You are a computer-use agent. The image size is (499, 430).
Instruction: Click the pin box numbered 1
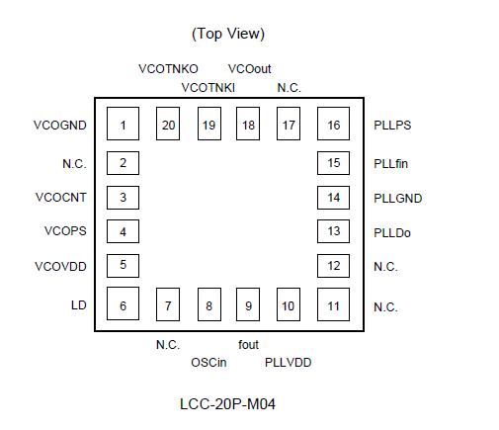[123, 125]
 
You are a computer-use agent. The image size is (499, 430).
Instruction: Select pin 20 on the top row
[168, 125]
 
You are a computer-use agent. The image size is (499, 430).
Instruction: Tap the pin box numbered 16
[334, 125]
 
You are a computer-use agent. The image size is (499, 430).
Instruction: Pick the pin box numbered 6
[123, 305]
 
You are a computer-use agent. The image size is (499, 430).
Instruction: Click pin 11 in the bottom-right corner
[334, 305]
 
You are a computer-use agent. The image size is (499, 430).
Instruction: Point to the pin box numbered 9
[248, 305]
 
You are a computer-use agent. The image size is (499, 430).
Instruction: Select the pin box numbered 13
[334, 231]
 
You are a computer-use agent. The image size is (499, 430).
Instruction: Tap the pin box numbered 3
[123, 197]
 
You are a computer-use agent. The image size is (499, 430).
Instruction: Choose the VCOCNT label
[61, 197]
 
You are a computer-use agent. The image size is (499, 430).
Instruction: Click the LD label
[78, 306]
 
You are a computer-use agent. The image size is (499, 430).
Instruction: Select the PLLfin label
[391, 163]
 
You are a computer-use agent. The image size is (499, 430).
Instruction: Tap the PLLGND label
[397, 198]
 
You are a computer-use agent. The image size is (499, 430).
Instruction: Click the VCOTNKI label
[208, 88]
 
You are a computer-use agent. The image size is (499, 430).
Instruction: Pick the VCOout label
[249, 69]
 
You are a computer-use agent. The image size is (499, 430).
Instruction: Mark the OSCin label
[208, 363]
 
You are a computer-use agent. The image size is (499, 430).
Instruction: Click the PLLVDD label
[288, 363]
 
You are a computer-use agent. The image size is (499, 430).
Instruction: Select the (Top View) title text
[228, 34]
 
